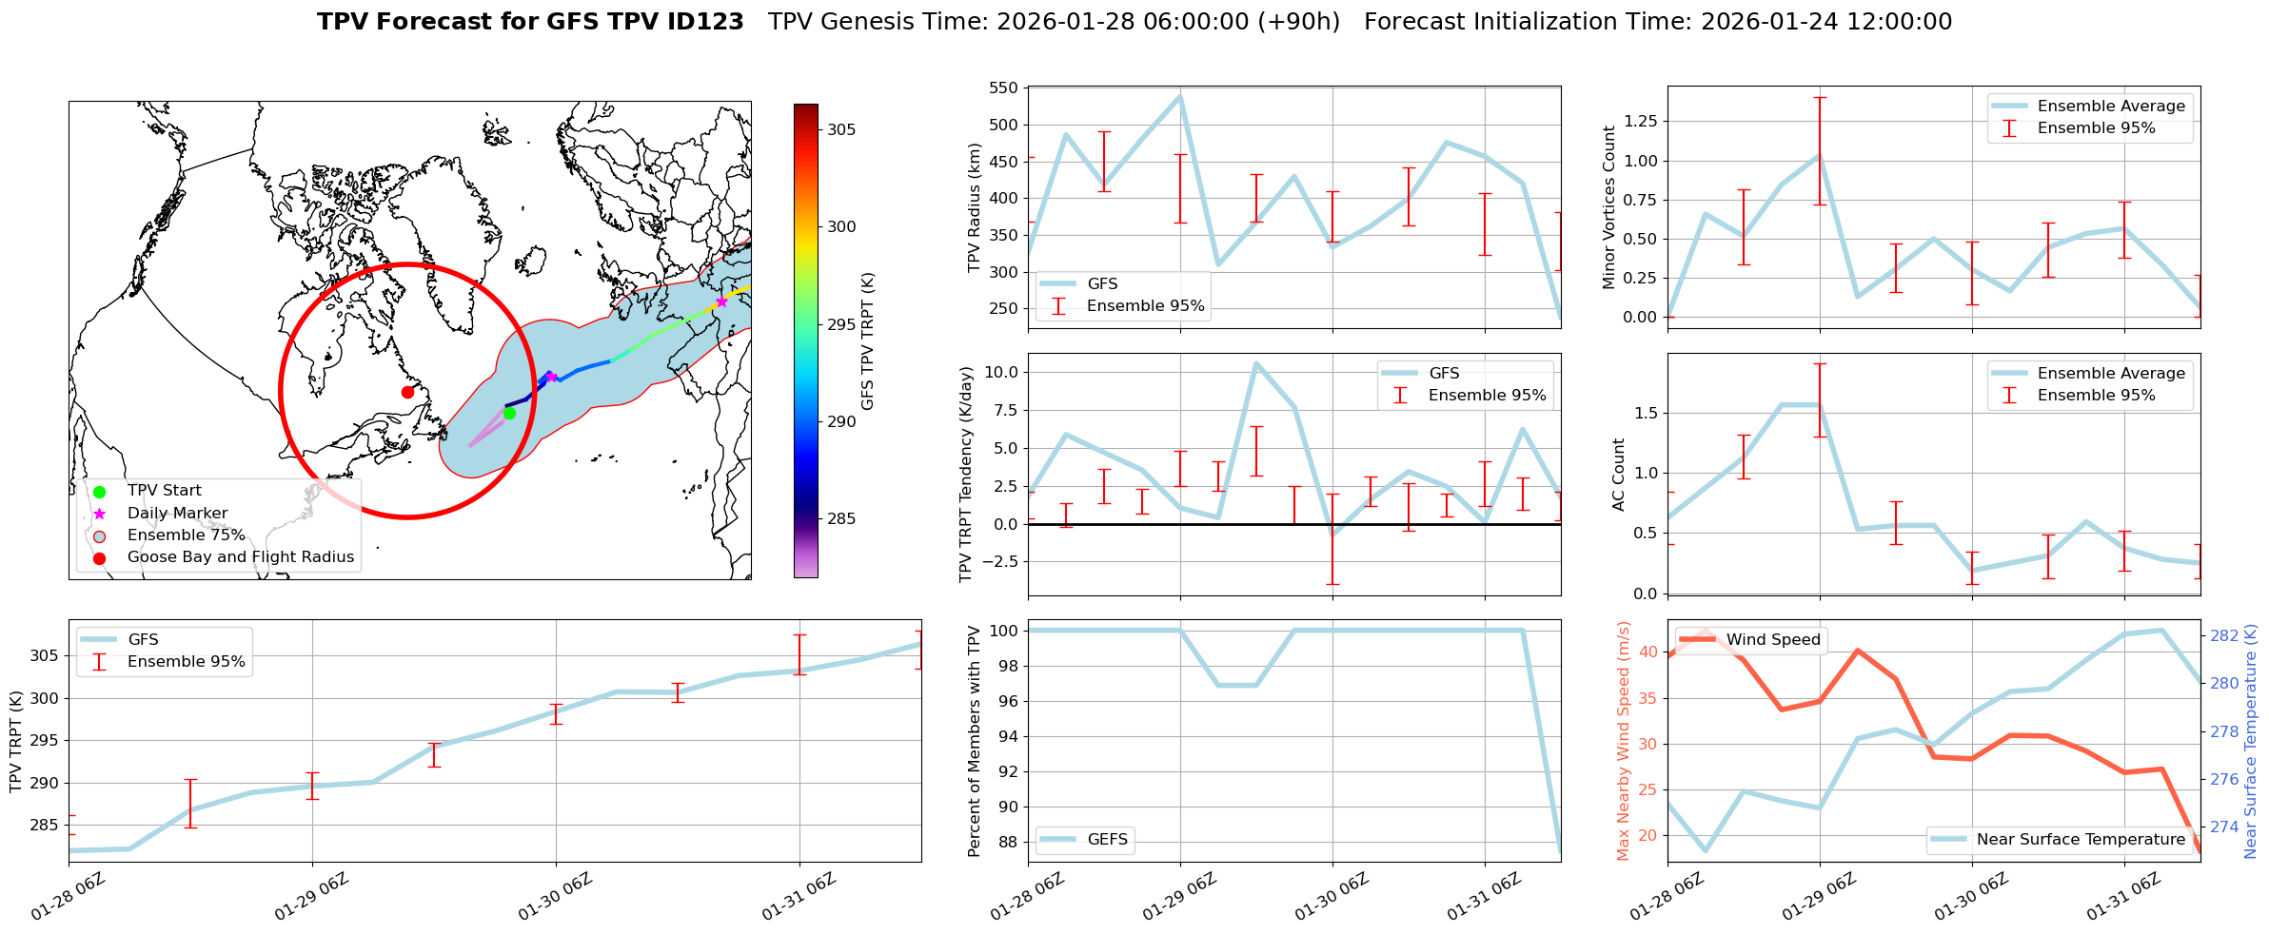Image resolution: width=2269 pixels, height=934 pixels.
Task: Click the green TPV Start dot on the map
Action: [x=509, y=413]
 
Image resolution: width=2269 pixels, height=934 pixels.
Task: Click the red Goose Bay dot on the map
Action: [x=407, y=392]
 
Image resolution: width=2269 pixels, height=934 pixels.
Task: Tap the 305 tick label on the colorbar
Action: [x=841, y=129]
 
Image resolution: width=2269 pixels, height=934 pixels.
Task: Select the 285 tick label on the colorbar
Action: [x=841, y=518]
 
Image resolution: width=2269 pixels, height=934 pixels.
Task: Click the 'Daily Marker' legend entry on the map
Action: [x=177, y=513]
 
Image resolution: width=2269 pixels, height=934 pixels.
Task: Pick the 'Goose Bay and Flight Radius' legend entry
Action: [x=240, y=557]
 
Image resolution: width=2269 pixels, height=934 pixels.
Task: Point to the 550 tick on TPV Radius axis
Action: [x=1005, y=88]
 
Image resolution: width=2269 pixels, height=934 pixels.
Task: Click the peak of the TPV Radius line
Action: [x=1180, y=96]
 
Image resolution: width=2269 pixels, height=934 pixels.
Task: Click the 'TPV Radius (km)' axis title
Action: [x=974, y=207]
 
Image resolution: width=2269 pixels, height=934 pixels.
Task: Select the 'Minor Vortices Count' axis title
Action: [x=1609, y=207]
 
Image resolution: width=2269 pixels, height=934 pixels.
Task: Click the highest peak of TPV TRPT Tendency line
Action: [x=1256, y=363]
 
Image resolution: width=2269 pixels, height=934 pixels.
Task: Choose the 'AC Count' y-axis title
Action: [x=1618, y=475]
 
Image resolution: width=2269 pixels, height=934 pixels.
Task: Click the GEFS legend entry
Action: [x=1107, y=839]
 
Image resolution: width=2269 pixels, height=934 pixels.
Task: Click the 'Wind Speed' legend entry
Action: [x=1772, y=639]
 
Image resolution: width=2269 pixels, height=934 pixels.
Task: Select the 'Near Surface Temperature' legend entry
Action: [x=2081, y=839]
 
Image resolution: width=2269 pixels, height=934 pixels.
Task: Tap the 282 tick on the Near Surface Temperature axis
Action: [x=2223, y=635]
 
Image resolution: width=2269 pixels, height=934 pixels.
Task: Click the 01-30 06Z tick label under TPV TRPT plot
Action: [x=556, y=898]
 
